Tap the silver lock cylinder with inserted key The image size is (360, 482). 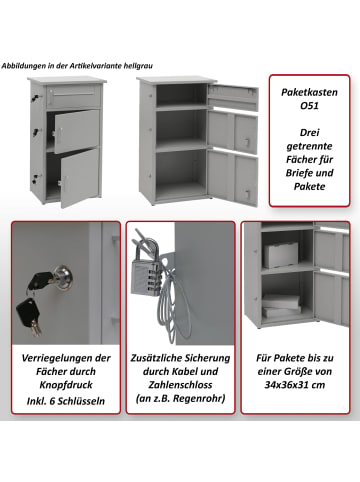click(x=64, y=278)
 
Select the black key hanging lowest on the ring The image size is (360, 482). click(x=29, y=315)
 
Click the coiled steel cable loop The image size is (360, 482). click(x=174, y=307)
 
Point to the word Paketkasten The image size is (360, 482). click(x=309, y=92)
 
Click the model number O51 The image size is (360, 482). click(x=309, y=106)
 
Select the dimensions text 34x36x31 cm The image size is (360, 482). click(x=295, y=385)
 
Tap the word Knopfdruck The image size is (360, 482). click(x=66, y=385)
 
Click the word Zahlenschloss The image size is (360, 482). click(x=180, y=385)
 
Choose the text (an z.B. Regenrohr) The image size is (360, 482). click(x=180, y=399)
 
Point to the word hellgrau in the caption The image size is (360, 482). click(x=138, y=66)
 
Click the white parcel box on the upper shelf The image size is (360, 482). click(x=280, y=255)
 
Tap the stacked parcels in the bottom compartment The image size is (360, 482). click(x=281, y=306)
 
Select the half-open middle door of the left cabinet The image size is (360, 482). click(x=76, y=131)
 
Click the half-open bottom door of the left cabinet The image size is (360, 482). click(x=79, y=178)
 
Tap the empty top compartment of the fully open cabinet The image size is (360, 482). click(x=181, y=94)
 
